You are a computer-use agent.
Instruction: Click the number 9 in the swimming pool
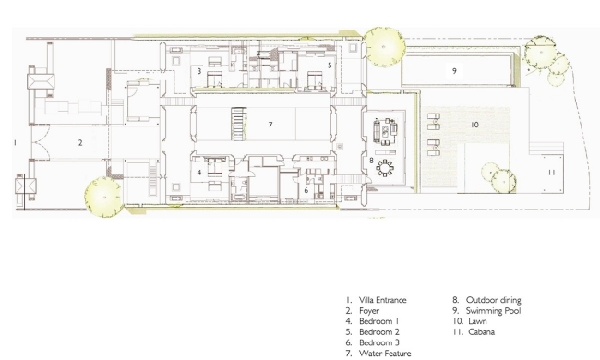coord(454,71)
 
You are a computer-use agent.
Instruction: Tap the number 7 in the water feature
coord(270,125)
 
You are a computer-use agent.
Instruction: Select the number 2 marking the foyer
coord(80,143)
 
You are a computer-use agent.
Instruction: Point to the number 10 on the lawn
coord(474,125)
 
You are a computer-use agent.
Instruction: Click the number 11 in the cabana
coord(551,173)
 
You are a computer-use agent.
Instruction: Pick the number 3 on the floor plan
coord(199,71)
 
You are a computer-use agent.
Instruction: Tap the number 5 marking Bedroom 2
coord(330,66)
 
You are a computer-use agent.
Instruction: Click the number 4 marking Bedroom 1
coord(199,173)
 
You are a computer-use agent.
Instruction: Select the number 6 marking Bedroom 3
coord(306,190)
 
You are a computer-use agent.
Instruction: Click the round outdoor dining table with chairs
coord(385,168)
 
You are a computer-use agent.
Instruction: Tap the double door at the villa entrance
coord(41,143)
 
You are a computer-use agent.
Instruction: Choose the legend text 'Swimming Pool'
coord(493,311)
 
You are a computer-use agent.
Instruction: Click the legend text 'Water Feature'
coord(385,354)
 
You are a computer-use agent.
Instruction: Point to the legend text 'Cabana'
coord(481,332)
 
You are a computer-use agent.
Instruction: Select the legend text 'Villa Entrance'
coord(383,300)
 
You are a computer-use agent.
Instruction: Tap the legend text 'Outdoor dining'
coord(494,300)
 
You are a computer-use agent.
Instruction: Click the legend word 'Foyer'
coord(369,311)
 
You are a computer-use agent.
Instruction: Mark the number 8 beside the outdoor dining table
coord(371,161)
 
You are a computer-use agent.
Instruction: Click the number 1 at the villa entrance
coord(15,143)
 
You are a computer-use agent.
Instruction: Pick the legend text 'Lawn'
coord(477,321)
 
